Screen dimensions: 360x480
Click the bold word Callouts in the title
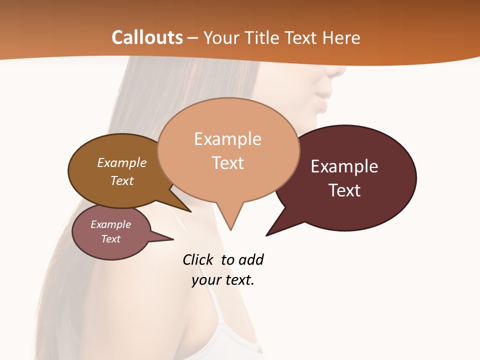click(x=147, y=37)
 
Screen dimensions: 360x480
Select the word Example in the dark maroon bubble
click(x=344, y=166)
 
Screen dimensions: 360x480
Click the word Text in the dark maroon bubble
click(x=344, y=190)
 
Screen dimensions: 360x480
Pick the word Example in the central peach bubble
click(x=227, y=139)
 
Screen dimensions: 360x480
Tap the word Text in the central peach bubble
click(x=227, y=163)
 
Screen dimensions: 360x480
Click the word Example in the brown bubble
click(x=121, y=162)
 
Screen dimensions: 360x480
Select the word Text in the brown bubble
click(x=121, y=180)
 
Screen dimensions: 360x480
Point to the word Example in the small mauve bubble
click(x=110, y=224)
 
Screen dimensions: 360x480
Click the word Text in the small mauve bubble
click(x=110, y=239)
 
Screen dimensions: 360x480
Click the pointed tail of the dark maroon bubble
click(x=272, y=230)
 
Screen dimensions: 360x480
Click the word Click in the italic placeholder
click(x=199, y=259)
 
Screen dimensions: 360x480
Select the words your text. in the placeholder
click(x=223, y=280)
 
